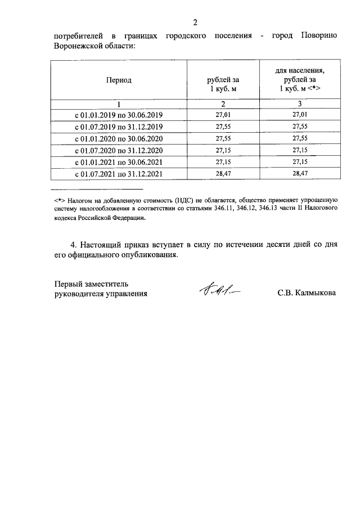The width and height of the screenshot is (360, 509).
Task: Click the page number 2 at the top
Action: coord(195,23)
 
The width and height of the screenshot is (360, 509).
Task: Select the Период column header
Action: coord(119,80)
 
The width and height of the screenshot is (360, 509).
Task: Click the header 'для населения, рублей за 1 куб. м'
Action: coord(300,80)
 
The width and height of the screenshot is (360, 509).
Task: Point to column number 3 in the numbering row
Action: coord(300,104)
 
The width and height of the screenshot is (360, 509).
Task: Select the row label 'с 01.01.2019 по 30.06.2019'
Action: coord(119,115)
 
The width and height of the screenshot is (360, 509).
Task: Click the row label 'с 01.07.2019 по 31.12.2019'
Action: coord(119,127)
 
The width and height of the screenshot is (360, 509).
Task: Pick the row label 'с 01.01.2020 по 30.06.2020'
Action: coord(119,139)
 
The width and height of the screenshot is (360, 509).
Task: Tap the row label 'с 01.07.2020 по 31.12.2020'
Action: coord(119,151)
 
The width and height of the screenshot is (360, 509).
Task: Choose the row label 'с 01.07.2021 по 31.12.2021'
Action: coord(119,174)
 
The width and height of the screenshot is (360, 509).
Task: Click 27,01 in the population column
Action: coord(300,115)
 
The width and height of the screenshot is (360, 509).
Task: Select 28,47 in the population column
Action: coord(300,174)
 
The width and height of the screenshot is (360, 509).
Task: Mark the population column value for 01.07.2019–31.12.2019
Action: coord(300,127)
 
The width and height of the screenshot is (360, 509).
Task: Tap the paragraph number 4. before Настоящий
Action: coord(73,245)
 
